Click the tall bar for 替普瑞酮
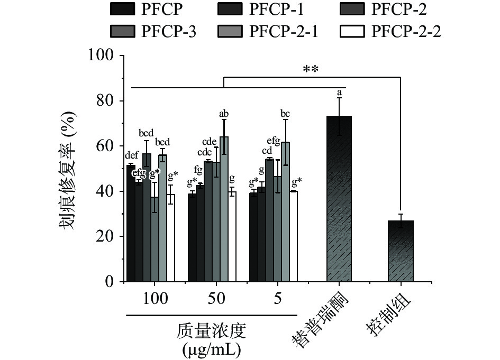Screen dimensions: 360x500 click(339, 198)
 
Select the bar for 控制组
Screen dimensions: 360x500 click(401, 251)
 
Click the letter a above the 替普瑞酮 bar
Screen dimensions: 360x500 click(339, 93)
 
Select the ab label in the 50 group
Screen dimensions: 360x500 click(224, 113)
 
